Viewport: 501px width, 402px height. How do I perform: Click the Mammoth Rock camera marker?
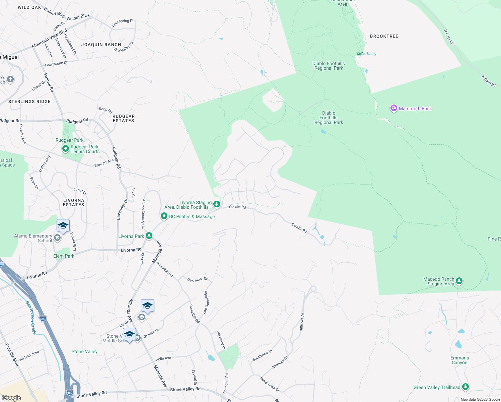pyautogui.click(x=394, y=108)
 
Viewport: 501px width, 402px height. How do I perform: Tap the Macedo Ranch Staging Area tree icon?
pyautogui.click(x=459, y=281)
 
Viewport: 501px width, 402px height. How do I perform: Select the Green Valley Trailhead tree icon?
pyautogui.click(x=465, y=387)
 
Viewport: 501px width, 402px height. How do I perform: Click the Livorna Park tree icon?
pyautogui.click(x=149, y=236)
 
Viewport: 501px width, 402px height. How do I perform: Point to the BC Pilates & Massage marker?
pyautogui.click(x=164, y=216)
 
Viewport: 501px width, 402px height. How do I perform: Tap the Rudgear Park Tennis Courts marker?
pyautogui.click(x=66, y=148)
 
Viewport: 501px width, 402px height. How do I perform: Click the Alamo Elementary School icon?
pyautogui.click(x=57, y=238)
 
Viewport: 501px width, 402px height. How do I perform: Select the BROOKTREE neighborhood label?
pyautogui.click(x=384, y=36)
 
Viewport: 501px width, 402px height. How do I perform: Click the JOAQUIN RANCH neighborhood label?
pyautogui.click(x=101, y=45)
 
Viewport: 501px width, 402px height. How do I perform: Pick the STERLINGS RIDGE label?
pyautogui.click(x=29, y=102)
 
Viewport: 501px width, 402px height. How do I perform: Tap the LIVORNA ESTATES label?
pyautogui.click(x=74, y=202)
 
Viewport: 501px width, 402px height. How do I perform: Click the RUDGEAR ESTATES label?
pyautogui.click(x=124, y=118)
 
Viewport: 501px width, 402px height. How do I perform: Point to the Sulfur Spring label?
pyautogui.click(x=366, y=54)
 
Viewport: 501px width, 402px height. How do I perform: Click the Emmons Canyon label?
pyautogui.click(x=459, y=360)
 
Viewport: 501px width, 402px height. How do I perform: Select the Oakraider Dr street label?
pyautogui.click(x=197, y=279)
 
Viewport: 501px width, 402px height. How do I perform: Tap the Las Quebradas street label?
pyautogui.click(x=206, y=302)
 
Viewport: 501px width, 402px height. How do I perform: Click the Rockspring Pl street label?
pyautogui.click(x=123, y=23)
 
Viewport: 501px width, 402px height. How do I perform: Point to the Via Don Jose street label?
pyautogui.click(x=29, y=355)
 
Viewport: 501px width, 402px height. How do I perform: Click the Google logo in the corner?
pyautogui.click(x=11, y=398)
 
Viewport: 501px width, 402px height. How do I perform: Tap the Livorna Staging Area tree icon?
pyautogui.click(x=217, y=204)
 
